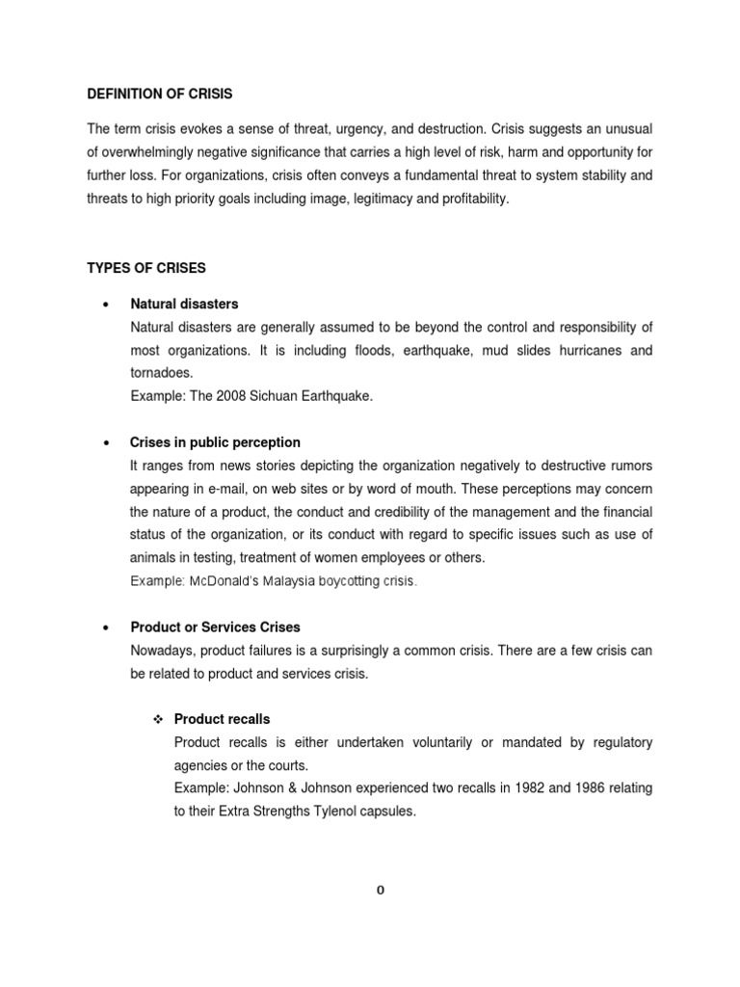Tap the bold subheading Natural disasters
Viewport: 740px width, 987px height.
[x=184, y=304]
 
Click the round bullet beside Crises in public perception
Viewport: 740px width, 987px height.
[x=103, y=442]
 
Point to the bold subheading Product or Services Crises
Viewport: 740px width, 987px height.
[x=215, y=627]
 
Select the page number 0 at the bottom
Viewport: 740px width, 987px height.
[x=381, y=890]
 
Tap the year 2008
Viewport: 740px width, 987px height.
[x=229, y=396]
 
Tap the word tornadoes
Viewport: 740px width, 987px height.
[x=161, y=373]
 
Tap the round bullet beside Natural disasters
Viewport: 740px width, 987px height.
[x=103, y=304]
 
